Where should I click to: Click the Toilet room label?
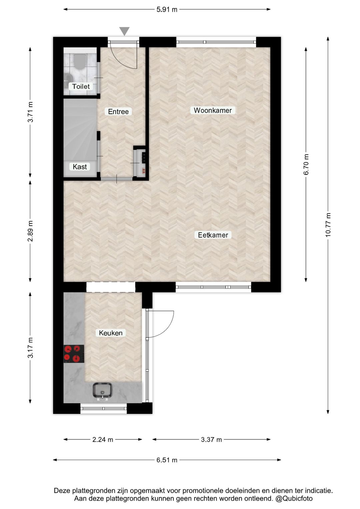click(81, 86)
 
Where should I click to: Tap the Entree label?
click(118, 112)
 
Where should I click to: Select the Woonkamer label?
click(213, 110)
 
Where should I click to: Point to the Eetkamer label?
click(213, 235)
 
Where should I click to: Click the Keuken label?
click(111, 333)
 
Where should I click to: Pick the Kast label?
click(80, 167)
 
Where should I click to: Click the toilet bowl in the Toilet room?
click(80, 61)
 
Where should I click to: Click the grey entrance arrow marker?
click(124, 31)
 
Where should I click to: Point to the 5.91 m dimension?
click(167, 10)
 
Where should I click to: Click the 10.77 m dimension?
click(328, 225)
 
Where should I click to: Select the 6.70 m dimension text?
click(306, 164)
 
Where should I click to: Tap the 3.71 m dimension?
click(30, 112)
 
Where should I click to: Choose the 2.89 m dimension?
click(30, 231)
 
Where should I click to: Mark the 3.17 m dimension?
click(30, 348)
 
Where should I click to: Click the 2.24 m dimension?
click(103, 440)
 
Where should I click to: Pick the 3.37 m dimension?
click(211, 440)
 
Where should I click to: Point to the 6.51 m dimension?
click(167, 460)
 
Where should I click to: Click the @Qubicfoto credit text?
click(294, 499)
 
